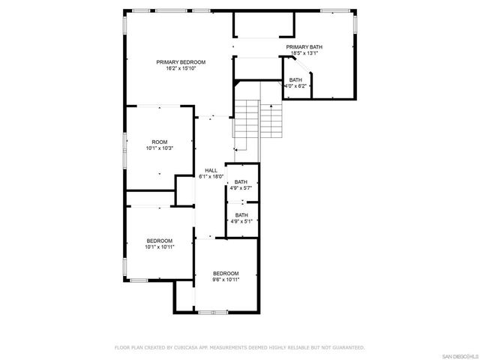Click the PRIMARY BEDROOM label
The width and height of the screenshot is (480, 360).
[181, 61]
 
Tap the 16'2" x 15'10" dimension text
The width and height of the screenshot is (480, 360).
[181, 68]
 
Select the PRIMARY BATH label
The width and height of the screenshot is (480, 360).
[304, 47]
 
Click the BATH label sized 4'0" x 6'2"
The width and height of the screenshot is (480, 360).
[295, 79]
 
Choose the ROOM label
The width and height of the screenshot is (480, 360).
[160, 142]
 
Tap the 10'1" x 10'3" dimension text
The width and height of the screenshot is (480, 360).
[160, 148]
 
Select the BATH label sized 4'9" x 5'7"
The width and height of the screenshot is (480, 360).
[241, 182]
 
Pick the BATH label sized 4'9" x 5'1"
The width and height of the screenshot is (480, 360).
[241, 215]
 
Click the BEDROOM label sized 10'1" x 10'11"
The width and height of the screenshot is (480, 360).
[160, 240]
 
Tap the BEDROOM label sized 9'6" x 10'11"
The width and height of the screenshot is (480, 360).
[226, 273]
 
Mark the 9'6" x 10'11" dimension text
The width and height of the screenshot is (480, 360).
[226, 280]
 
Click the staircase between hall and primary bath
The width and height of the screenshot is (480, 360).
[258, 120]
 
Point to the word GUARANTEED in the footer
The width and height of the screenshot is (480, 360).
[348, 348]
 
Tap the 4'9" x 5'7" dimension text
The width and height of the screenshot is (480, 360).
[241, 189]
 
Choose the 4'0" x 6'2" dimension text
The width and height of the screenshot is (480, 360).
[295, 86]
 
